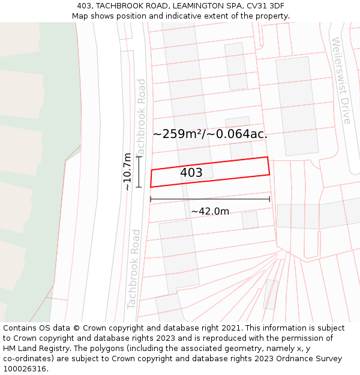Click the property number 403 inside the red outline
click(191, 173)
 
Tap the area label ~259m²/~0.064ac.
click(210, 134)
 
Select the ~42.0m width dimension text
click(210, 211)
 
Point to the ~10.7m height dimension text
click(127, 172)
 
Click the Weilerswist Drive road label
click(341, 80)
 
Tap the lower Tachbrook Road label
click(134, 268)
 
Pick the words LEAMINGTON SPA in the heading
click(200, 5)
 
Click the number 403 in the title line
click(85, 5)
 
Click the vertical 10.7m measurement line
click(139, 172)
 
